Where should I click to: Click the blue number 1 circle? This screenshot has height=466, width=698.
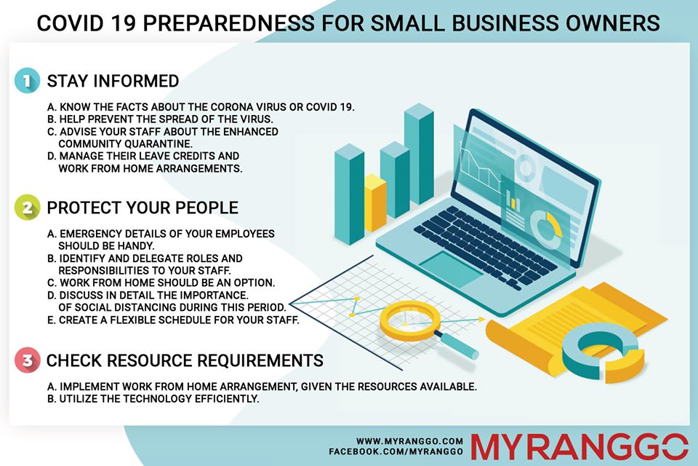[x=27, y=81]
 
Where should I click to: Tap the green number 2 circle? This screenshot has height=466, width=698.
[x=27, y=208]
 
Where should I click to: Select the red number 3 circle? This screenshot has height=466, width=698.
[x=27, y=360]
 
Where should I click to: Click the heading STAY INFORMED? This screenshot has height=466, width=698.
[x=113, y=81]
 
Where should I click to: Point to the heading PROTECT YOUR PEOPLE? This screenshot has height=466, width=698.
[x=143, y=208]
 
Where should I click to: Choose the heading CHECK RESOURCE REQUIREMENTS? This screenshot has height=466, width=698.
[x=185, y=360]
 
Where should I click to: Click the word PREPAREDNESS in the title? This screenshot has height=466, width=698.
[x=228, y=23]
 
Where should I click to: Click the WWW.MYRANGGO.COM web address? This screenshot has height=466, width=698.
[x=409, y=441]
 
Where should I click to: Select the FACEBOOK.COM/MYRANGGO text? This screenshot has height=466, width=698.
[x=396, y=451]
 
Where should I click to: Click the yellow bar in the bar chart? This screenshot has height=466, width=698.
[x=375, y=203]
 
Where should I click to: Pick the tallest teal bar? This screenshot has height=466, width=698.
[x=419, y=154]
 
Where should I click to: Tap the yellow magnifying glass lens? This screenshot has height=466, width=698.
[x=410, y=320]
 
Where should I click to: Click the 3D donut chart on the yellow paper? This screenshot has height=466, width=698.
[x=602, y=352]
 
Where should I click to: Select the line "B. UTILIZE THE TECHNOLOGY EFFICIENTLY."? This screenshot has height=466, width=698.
[x=153, y=399]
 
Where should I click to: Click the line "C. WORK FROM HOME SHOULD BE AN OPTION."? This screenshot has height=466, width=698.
[x=161, y=283]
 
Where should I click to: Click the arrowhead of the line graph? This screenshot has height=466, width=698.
[x=481, y=319]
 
